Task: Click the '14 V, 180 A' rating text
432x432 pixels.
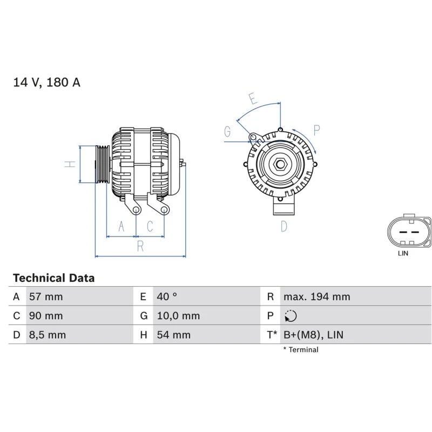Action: (46, 82)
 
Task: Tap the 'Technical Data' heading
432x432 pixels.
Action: (53, 278)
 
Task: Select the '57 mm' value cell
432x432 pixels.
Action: (45, 296)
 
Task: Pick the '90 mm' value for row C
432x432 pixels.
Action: (45, 315)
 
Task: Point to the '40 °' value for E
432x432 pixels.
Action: (167, 296)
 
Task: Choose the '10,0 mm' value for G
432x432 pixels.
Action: (178, 315)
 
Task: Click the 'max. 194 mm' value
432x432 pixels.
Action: (316, 296)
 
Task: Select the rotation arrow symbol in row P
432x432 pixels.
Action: (291, 316)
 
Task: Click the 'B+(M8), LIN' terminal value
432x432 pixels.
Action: (313, 335)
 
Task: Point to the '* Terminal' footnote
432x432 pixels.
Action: (301, 349)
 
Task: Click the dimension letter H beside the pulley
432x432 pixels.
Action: (70, 164)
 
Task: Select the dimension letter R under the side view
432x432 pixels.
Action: (140, 247)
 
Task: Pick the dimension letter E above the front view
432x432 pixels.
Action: (253, 99)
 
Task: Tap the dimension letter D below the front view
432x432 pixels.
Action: (283, 226)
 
